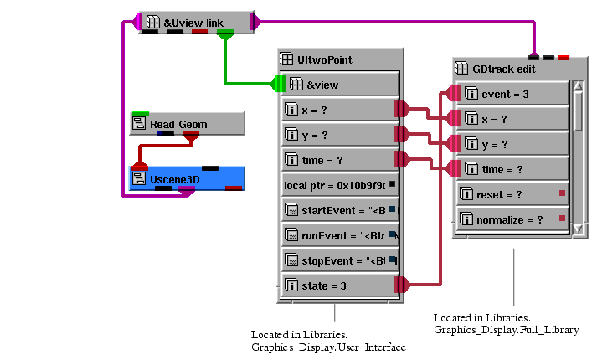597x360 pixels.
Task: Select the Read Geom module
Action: (187, 124)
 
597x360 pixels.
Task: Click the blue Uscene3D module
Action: (187, 177)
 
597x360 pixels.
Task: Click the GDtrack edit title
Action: (504, 69)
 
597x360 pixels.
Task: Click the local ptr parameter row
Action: (340, 184)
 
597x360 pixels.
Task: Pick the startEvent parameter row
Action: (340, 209)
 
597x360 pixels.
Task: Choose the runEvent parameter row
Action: (340, 235)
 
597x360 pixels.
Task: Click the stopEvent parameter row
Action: (340, 260)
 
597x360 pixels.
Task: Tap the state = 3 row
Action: (340, 285)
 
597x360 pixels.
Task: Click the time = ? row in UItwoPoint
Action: (340, 159)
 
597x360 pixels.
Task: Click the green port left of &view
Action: (278, 84)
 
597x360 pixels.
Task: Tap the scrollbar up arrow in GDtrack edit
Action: (578, 86)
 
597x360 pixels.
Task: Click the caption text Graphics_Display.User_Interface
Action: (328, 347)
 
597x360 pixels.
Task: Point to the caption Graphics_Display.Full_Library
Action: (506, 330)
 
